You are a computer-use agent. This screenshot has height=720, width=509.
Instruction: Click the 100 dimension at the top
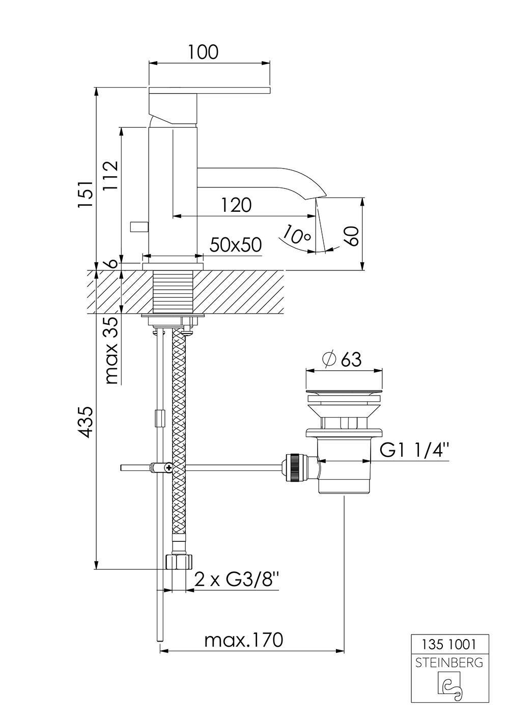[x=203, y=52]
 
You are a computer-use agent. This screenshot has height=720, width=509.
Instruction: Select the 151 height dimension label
[x=86, y=195]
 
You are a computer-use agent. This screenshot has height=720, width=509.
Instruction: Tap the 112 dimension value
[x=110, y=176]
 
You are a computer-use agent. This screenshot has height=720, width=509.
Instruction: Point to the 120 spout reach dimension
[x=236, y=205]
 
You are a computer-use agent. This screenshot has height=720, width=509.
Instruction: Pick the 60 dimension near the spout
[x=352, y=236]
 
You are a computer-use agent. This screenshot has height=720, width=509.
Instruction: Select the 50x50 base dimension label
[x=236, y=245]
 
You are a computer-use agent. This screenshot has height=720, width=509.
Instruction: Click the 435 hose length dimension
[x=86, y=422]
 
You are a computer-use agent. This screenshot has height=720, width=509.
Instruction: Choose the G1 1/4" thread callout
[x=414, y=451]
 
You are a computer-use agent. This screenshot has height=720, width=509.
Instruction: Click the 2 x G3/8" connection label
[x=236, y=580]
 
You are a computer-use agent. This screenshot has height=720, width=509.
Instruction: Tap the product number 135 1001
[x=449, y=644]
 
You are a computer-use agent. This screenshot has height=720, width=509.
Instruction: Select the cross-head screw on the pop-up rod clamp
[x=168, y=467]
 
